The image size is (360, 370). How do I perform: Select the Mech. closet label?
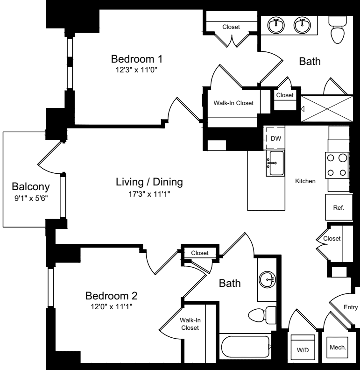click(337, 347)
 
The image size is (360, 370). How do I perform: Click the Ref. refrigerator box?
click(338, 207)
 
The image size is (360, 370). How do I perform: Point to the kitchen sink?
click(275, 163)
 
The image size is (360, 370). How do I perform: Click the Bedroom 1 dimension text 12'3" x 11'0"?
click(136, 70)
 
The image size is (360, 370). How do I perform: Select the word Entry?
click(350, 307)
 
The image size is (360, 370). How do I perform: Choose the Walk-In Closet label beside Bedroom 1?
click(233, 103)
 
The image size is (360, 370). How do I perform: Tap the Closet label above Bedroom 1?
click(231, 27)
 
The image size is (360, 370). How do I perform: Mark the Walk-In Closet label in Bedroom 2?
click(190, 324)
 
